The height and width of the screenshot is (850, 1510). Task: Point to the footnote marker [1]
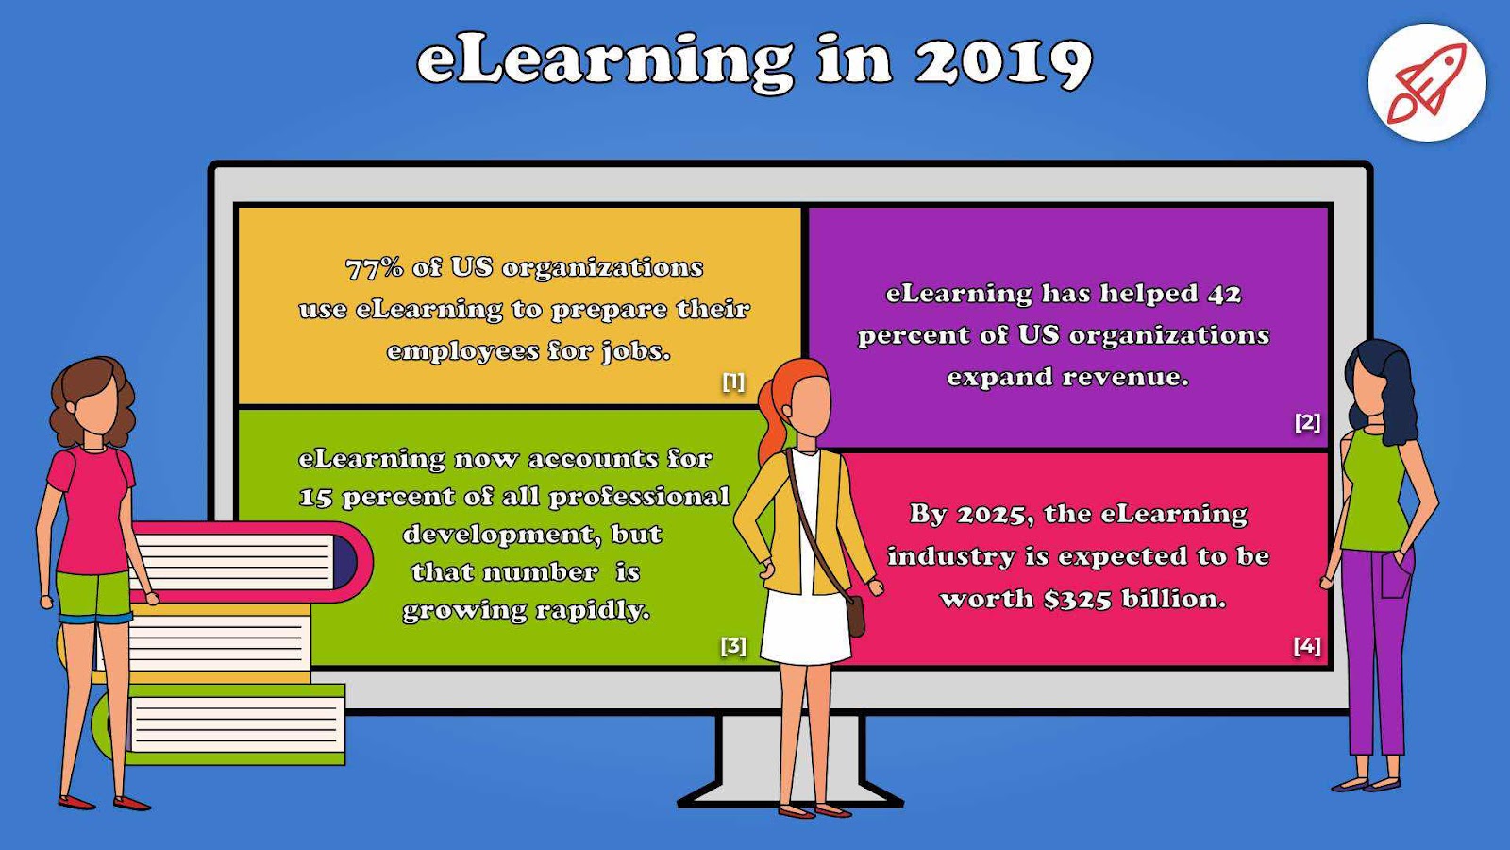point(733,382)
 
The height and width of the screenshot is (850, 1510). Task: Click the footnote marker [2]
point(1307,422)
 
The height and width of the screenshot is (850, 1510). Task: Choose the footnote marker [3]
point(733,646)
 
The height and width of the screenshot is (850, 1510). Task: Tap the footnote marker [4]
point(1307,646)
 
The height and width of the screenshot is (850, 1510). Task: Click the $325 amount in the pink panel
point(1077,599)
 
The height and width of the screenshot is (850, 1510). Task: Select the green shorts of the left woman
point(93,597)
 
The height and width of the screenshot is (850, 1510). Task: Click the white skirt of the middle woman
point(806,627)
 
